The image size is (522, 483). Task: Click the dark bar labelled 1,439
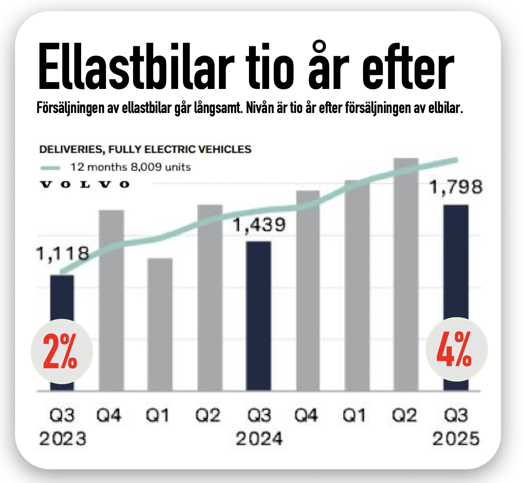tap(258, 316)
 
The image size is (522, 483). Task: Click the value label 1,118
tap(62, 254)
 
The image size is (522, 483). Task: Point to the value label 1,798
tap(456, 187)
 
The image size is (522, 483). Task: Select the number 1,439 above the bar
tap(259, 225)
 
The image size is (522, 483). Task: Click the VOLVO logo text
tap(85, 185)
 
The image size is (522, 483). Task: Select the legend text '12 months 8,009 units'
tap(130, 167)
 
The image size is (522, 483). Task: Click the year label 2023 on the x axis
tap(63, 439)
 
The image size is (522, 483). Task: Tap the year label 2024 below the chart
tap(259, 439)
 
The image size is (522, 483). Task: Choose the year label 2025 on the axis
tap(455, 439)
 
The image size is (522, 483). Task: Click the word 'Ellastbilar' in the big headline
tap(136, 67)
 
